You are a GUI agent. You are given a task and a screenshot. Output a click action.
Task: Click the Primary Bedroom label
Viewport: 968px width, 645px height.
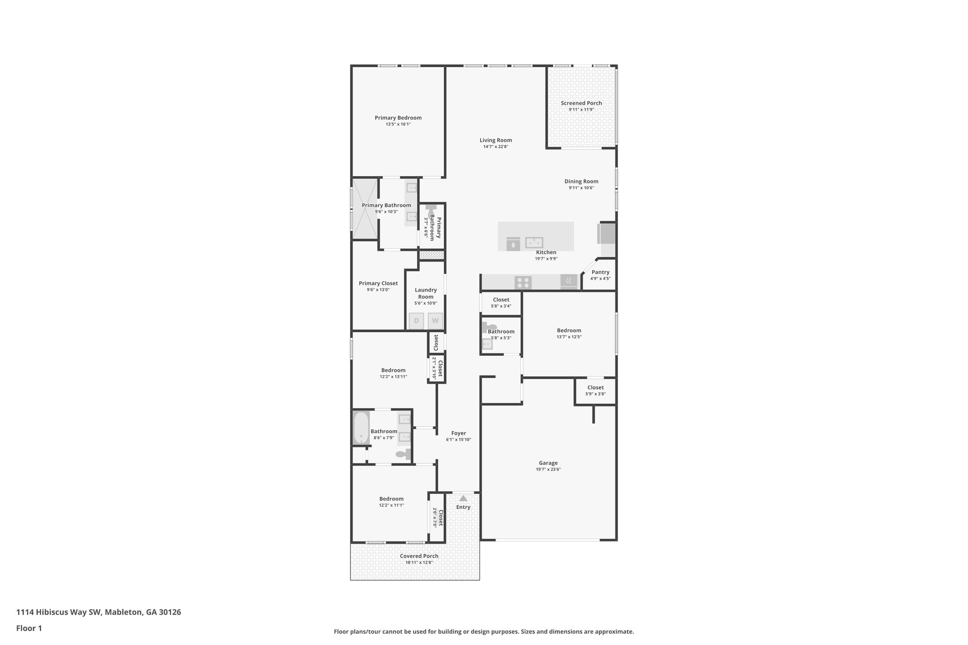[x=398, y=118]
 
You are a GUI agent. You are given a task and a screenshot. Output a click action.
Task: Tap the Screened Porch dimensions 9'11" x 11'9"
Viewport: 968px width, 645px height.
[x=581, y=110]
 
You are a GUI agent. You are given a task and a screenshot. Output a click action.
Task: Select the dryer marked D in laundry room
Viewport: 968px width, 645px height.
[x=416, y=321]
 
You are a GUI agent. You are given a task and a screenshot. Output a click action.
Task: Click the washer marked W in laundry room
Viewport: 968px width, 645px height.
[x=435, y=321]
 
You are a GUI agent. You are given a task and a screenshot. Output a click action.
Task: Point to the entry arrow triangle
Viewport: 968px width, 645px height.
[x=463, y=498]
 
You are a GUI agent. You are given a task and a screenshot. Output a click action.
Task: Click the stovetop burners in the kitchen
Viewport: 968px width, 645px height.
[x=523, y=283]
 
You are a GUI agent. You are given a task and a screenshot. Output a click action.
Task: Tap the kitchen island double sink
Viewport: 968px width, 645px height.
[x=534, y=242]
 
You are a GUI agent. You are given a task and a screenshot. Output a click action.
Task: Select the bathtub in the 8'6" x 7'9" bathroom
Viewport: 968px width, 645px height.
[x=361, y=428]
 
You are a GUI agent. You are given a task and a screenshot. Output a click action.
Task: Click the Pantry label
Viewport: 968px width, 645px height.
[x=600, y=272]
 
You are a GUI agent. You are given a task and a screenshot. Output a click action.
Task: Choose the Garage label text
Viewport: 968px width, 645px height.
[x=548, y=463]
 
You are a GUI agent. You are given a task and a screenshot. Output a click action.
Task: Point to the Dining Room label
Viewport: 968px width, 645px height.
[x=581, y=181]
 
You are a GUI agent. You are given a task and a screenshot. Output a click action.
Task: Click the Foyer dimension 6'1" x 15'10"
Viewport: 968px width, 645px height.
[x=458, y=439]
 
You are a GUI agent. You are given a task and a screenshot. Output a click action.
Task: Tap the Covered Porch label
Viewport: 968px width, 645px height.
[x=419, y=556]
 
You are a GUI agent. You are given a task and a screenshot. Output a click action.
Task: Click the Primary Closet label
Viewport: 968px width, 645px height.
[x=378, y=284]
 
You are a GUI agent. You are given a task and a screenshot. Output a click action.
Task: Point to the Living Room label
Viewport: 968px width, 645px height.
[x=496, y=140]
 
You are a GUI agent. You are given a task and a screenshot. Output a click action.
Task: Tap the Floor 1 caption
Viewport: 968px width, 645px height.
[x=29, y=628]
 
